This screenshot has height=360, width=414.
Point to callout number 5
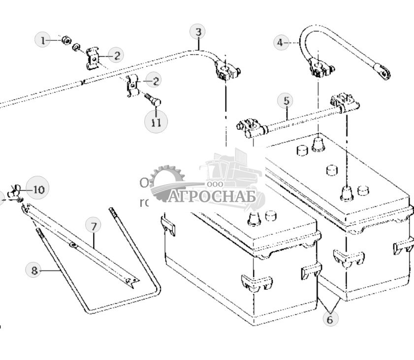[x=287, y=101]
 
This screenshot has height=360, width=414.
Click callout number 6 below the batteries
[x=330, y=319]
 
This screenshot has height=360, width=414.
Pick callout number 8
[x=34, y=270]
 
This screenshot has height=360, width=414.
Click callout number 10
[x=38, y=189]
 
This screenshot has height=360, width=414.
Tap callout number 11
[x=156, y=122]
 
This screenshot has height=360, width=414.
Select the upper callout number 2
[x=116, y=55]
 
